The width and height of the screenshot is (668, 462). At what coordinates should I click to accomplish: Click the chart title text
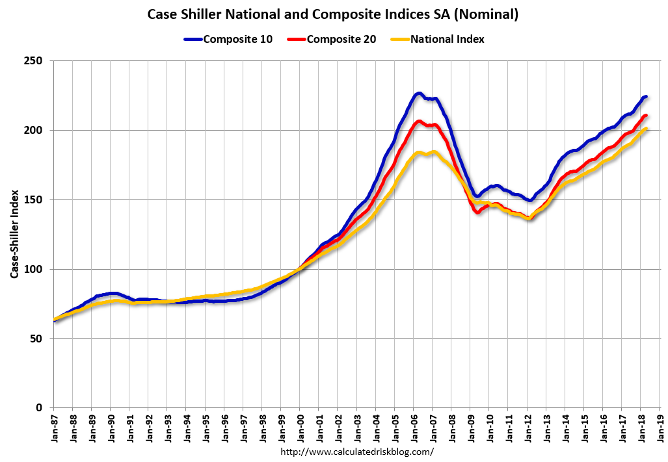point(334,14)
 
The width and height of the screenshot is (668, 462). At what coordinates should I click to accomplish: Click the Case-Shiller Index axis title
point(14,235)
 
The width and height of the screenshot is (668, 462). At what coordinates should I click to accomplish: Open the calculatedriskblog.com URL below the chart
point(356,451)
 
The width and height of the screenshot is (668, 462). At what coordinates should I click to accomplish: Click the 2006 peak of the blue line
point(419,94)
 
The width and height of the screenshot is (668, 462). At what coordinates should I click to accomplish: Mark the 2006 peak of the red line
point(419,122)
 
